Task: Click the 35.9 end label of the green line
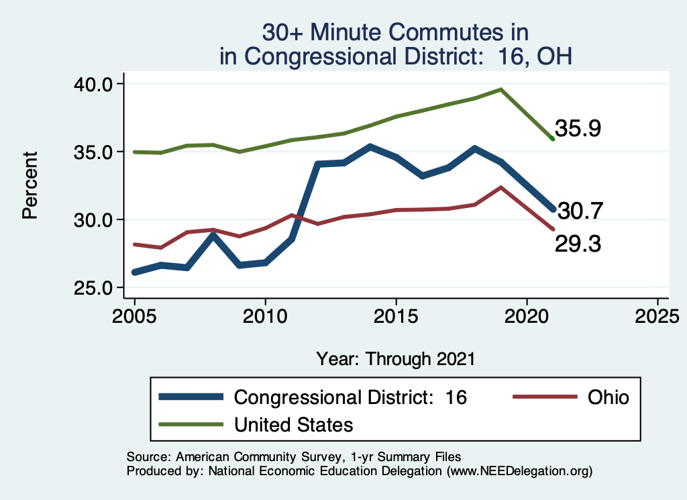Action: (x=577, y=128)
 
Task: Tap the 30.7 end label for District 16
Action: (x=581, y=211)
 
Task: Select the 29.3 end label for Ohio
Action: (x=577, y=244)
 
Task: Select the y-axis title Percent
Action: (x=29, y=186)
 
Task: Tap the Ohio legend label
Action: (x=609, y=397)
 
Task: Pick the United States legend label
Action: (x=293, y=424)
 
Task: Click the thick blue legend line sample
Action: (x=191, y=397)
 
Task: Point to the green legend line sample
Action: (x=191, y=424)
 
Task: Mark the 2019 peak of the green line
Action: (x=500, y=89)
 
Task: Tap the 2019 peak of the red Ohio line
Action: (x=500, y=187)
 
